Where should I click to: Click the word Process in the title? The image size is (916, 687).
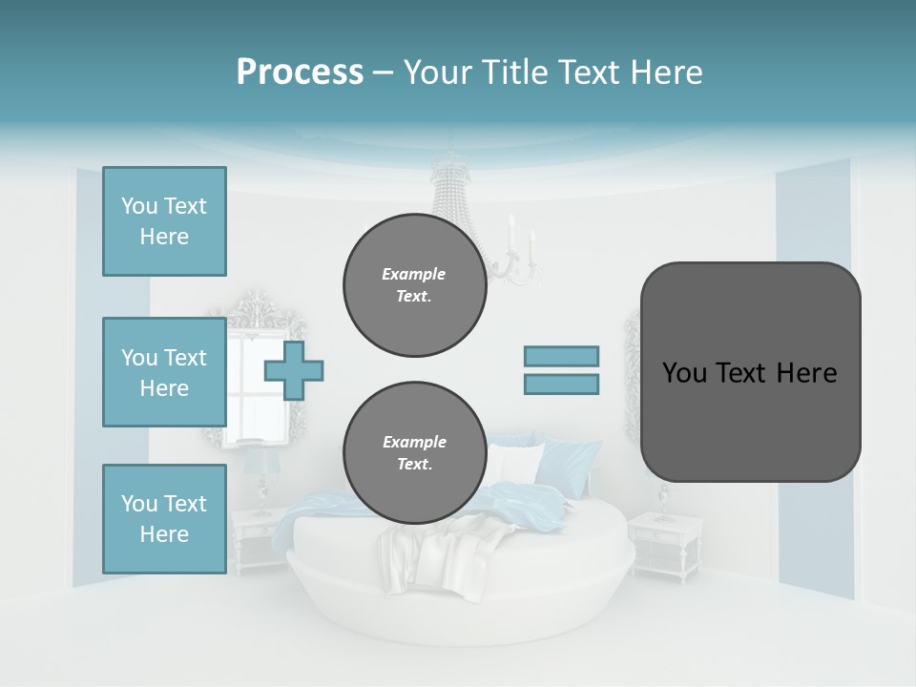(x=300, y=73)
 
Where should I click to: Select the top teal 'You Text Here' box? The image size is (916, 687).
(x=164, y=221)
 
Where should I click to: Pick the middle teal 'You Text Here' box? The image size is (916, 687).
(x=164, y=372)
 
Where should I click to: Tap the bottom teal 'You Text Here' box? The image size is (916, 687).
(x=164, y=519)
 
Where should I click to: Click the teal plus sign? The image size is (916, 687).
(x=294, y=371)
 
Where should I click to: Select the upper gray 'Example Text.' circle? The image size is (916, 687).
(x=414, y=285)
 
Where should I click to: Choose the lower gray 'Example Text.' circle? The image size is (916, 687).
(x=414, y=453)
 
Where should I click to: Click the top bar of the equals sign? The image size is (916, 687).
(x=561, y=356)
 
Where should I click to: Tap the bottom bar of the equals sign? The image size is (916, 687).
(x=561, y=385)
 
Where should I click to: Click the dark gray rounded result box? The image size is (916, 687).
(x=750, y=372)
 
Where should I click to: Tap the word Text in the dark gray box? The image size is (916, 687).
(x=739, y=373)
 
